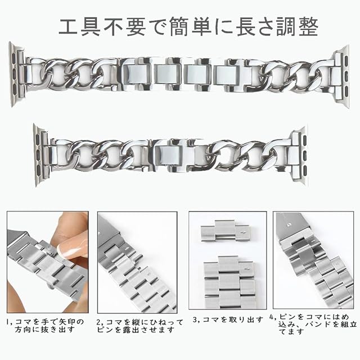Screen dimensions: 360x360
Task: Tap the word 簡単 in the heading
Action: [190, 26]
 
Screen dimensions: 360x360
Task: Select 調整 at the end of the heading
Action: [297, 26]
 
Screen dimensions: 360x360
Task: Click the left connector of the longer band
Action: [16, 74]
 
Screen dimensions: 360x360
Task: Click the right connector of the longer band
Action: [341, 76]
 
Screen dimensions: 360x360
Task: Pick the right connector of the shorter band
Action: [300, 154]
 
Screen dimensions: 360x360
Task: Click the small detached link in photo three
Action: [224, 231]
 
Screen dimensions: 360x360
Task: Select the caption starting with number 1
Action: [45, 326]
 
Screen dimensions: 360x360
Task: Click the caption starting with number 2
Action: [139, 326]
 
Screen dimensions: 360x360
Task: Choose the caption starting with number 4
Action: [313, 324]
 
